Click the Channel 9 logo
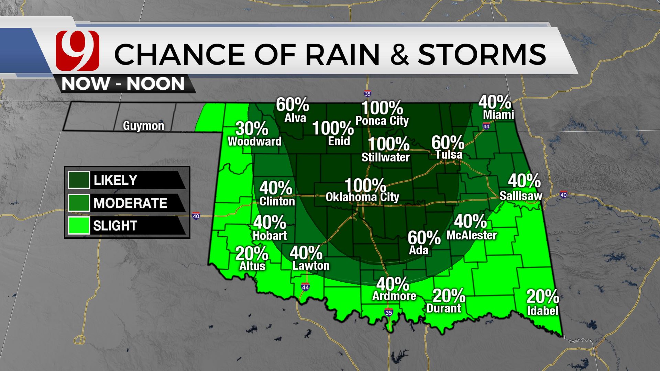coord(77,50)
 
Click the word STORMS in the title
coord(482,54)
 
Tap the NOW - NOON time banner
coord(123,84)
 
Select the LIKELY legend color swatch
coord(79,180)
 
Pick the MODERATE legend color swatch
coord(79,203)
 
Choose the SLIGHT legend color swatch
coord(79,225)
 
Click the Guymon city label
coord(144,126)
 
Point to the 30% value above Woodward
coord(252,129)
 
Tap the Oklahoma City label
coord(362,197)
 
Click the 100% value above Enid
coord(333,128)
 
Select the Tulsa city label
coord(449,155)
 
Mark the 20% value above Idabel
coord(542,296)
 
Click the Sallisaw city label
coord(521,196)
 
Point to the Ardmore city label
coord(394,296)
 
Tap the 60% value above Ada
coord(424,238)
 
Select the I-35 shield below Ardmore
coord(388,313)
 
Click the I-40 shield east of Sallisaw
coord(563,195)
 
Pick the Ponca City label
coord(382,121)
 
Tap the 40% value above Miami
coord(495,102)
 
